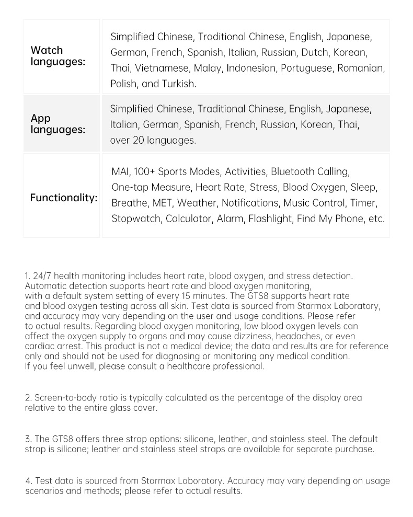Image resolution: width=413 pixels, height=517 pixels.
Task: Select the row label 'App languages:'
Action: pos(58,124)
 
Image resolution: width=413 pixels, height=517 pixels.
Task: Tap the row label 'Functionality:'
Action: pos(63,198)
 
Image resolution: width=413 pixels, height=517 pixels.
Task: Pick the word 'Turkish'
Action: pos(179,84)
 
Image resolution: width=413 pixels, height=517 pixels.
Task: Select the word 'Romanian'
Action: pos(361,68)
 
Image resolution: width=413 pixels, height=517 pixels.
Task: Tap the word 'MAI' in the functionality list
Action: pos(120,171)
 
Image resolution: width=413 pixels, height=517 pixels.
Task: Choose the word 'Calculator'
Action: pos(188,219)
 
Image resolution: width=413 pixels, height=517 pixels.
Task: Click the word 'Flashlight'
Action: pos(270,219)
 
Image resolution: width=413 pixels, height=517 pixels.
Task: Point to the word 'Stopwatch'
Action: pos(136,219)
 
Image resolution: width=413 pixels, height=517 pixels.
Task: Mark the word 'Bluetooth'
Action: pos(293,171)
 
